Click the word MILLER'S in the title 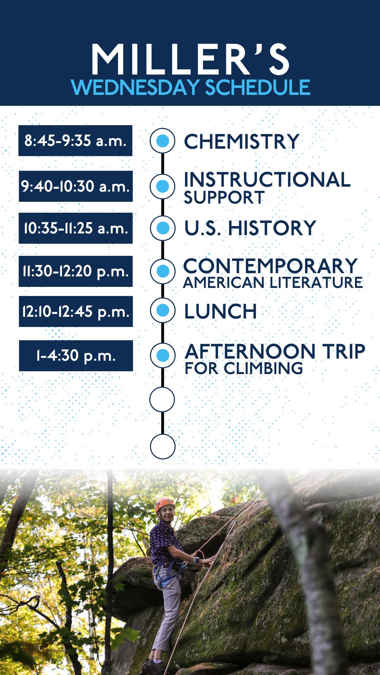(x=190, y=59)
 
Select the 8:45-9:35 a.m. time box (x=75, y=141)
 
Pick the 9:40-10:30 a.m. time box (x=76, y=186)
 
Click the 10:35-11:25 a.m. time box (x=76, y=228)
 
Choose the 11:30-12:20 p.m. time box (x=76, y=271)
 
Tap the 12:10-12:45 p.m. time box (x=76, y=311)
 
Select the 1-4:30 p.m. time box (x=76, y=356)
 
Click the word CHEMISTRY (x=241, y=142)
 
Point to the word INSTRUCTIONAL (x=267, y=180)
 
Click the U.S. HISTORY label (x=250, y=228)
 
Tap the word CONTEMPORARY (x=271, y=266)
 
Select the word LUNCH (x=221, y=311)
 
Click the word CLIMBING (x=264, y=368)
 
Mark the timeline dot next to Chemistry (x=162, y=141)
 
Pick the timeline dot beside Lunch (x=163, y=310)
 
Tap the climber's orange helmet (x=164, y=504)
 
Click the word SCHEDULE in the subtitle (x=258, y=88)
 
